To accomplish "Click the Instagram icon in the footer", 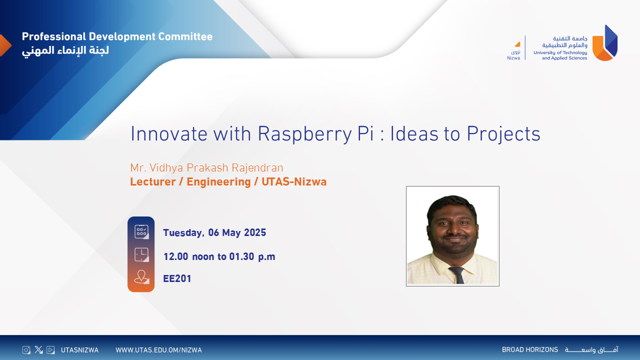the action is pos(26,349).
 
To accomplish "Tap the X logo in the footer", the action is pos(38,349).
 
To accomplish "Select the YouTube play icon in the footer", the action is pos(50,349).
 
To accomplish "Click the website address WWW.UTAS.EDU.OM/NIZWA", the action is pos(158,350).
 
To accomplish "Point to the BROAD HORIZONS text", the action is pos(530,349).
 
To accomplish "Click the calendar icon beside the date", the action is pos(141,231).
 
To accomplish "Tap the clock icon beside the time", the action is pos(141,254).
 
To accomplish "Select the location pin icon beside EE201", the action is pos(141,277).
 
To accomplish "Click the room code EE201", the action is pos(177,278).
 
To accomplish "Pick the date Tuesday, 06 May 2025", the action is pos(214,233).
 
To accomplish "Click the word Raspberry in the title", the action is pos(304,134).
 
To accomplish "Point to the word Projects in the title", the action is pos(503,134).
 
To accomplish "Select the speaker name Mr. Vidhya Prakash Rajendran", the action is pos(206,168).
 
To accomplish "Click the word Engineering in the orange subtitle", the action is pos(218,182).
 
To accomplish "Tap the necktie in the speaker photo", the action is pos(457,275).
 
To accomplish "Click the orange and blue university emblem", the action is pos(605,43).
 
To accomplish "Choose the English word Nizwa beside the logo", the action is pos(513,58).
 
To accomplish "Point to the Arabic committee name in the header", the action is pos(65,51).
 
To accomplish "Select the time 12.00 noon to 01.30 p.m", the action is pos(219,256).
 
